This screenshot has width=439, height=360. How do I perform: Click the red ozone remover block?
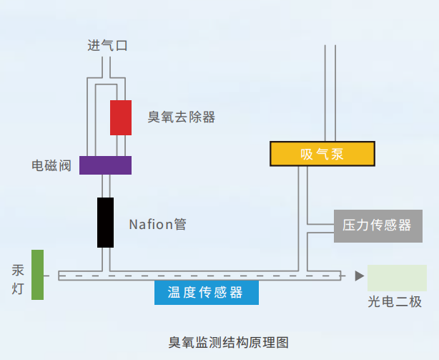[120, 117]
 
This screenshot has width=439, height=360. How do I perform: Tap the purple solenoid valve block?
[105, 165]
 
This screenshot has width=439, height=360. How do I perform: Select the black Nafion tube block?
[105, 222]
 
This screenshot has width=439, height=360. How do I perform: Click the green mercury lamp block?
[37, 275]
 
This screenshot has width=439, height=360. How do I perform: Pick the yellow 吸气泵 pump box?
[322, 153]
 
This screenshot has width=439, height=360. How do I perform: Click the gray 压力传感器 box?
[377, 225]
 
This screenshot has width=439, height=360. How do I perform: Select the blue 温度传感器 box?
[206, 292]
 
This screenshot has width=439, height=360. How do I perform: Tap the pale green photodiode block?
[397, 277]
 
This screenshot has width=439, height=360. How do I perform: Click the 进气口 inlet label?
[107, 47]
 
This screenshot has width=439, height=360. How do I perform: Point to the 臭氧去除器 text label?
[182, 117]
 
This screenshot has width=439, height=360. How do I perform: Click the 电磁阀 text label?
[51, 165]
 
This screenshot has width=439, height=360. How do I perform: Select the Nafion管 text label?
[157, 224]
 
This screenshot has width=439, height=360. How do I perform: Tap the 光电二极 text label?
[395, 302]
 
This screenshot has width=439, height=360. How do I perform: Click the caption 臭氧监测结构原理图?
[228, 342]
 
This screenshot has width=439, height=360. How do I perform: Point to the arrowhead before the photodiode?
[359, 276]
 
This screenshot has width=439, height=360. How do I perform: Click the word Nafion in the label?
[150, 224]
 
